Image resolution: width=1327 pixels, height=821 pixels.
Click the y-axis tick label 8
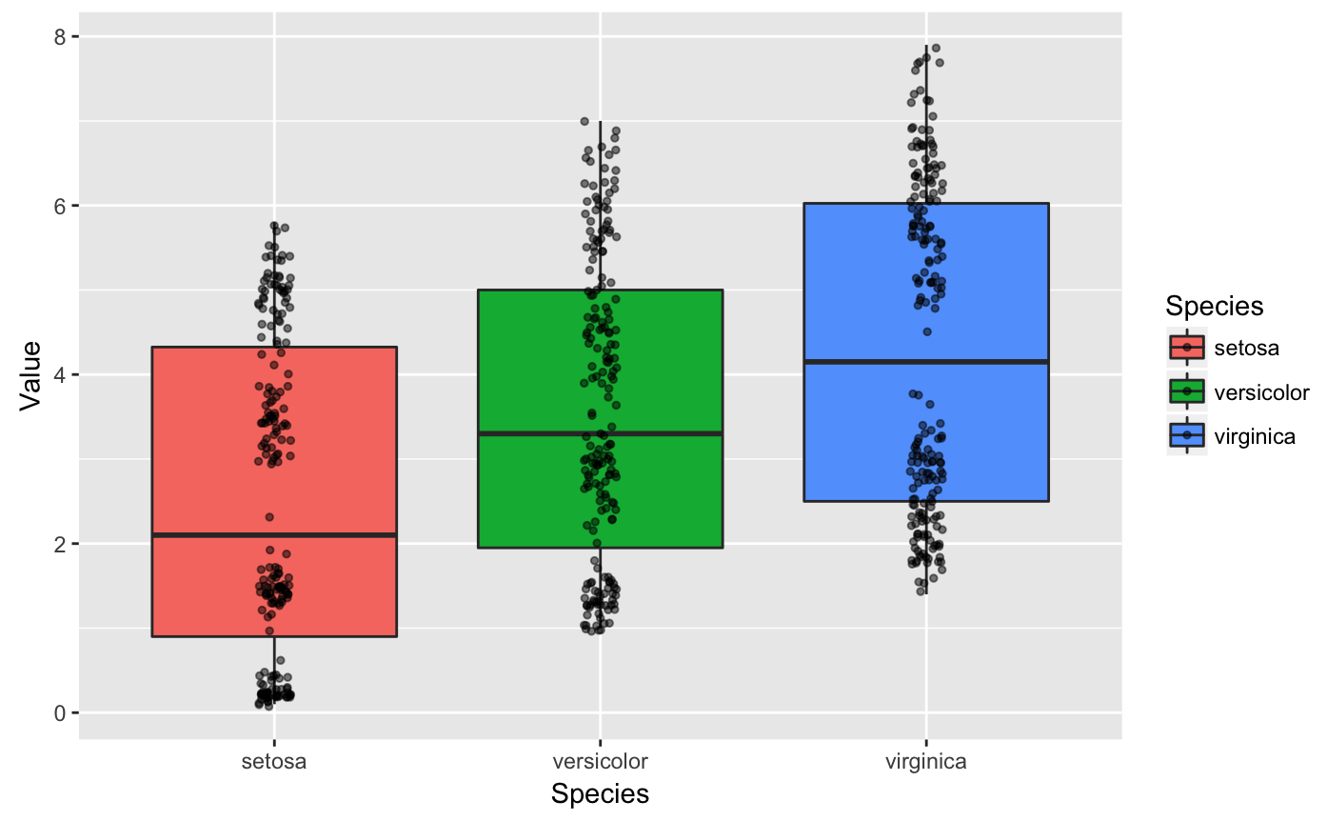click(x=59, y=36)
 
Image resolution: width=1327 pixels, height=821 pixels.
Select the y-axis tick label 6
click(x=59, y=206)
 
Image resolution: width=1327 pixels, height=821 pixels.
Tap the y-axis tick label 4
click(x=59, y=374)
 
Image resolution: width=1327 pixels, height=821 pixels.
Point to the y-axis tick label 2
click(x=59, y=544)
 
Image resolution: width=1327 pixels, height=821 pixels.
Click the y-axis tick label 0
click(x=59, y=712)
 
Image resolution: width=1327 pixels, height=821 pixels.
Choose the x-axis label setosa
click(x=274, y=762)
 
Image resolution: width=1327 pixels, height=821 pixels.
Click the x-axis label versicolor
click(x=600, y=762)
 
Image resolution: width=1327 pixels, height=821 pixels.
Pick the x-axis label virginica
click(x=925, y=762)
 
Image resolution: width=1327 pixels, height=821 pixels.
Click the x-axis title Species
click(x=600, y=794)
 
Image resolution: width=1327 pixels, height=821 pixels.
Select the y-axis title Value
click(x=30, y=375)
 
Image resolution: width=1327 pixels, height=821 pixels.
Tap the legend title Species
click(x=1215, y=307)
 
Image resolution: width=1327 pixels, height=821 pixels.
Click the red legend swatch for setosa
click(x=1187, y=348)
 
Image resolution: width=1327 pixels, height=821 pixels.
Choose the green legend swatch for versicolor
click(x=1187, y=391)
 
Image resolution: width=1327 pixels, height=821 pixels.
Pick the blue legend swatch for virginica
click(x=1187, y=436)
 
